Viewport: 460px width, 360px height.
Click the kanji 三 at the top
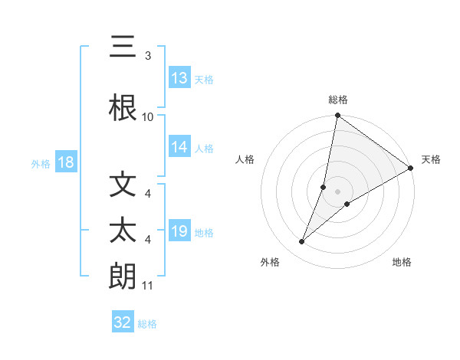(123, 50)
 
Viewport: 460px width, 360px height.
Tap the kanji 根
(123, 108)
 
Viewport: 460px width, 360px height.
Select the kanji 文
(123, 186)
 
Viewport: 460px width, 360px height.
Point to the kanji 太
(123, 231)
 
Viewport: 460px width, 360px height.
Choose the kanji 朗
(123, 277)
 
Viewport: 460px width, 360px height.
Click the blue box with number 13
(179, 78)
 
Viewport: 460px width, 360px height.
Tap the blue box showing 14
(179, 147)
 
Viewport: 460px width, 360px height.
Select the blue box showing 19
(179, 231)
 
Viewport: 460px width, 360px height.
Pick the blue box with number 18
(65, 162)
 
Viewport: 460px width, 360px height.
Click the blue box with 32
(123, 322)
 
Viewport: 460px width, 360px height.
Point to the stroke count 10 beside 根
(148, 117)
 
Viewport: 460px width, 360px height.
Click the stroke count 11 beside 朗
(148, 286)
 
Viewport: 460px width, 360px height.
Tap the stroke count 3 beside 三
(148, 56)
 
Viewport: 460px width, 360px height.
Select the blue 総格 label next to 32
(147, 324)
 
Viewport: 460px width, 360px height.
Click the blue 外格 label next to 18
(40, 164)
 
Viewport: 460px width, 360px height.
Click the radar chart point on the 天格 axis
(411, 169)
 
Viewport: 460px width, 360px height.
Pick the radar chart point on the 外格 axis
(302, 242)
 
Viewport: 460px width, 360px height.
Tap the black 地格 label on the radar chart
(402, 262)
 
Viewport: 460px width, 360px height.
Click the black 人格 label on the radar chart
(245, 159)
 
